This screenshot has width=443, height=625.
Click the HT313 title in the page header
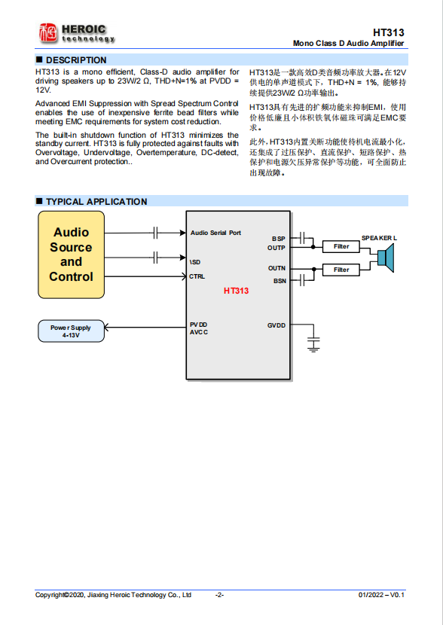pos(389,32)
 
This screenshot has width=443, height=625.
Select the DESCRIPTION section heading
pos(76,59)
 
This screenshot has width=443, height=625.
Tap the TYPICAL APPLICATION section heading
pos(96,202)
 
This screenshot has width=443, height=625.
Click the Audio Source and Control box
pos(71,255)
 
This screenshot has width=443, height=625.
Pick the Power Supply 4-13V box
pos(71,331)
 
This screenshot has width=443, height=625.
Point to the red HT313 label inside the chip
pos(236,291)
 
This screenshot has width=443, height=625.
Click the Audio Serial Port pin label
pos(215,233)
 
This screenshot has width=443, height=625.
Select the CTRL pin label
pos(197,276)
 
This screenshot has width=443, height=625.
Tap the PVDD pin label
pos(198,325)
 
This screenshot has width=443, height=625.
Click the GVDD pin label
pos(276,325)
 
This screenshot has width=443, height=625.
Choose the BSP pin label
pos(279,239)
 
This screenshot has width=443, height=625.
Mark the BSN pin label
pos(279,281)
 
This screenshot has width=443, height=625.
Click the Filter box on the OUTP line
pos(341,246)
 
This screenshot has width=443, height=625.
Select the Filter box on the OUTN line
pos(341,270)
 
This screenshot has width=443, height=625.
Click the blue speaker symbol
pos(386,258)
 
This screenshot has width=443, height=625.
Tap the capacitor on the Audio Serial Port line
pos(157,233)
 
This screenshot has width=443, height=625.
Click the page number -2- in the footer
pos(219,595)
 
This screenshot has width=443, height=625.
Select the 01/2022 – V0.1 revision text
pos(381,595)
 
